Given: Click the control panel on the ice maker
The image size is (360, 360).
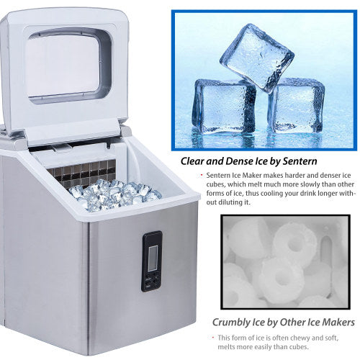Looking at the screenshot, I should coord(151,261).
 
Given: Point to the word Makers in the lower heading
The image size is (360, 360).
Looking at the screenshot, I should coord(332,323).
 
